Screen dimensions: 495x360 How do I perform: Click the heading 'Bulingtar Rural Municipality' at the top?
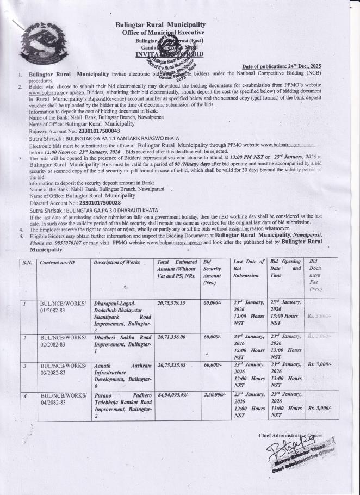click(161, 25)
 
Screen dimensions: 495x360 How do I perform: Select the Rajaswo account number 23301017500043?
click(94, 131)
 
